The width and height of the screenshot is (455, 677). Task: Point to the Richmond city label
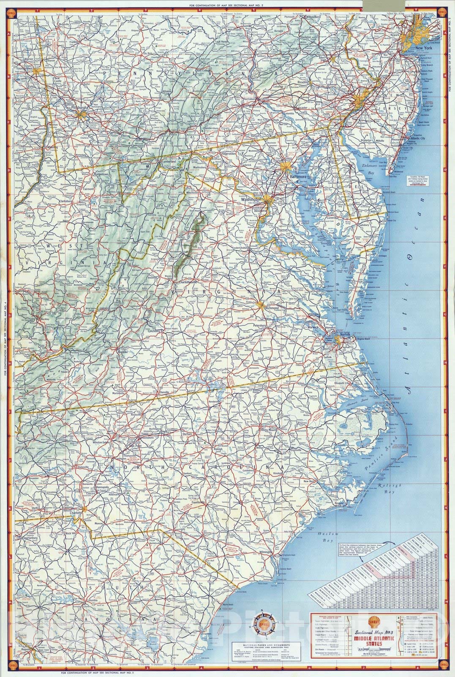271,308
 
